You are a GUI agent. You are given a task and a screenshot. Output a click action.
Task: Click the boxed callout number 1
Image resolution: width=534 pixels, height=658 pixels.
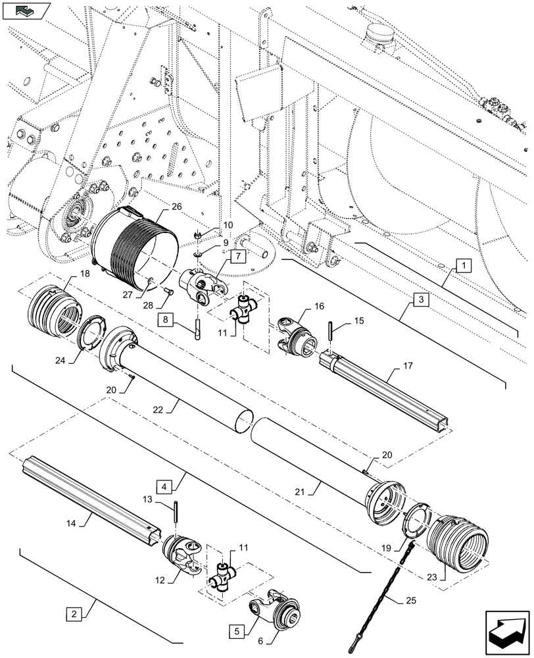coord(464,266)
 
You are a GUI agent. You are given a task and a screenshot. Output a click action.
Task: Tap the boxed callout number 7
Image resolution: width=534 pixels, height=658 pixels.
coord(238,255)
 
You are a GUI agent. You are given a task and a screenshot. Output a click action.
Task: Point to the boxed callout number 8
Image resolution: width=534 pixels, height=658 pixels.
coord(166,320)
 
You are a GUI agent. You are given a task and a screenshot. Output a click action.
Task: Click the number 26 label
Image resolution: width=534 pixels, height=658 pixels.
coord(157,206)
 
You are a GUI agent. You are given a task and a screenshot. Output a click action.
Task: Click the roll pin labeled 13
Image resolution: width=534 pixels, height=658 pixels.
coord(177,511)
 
